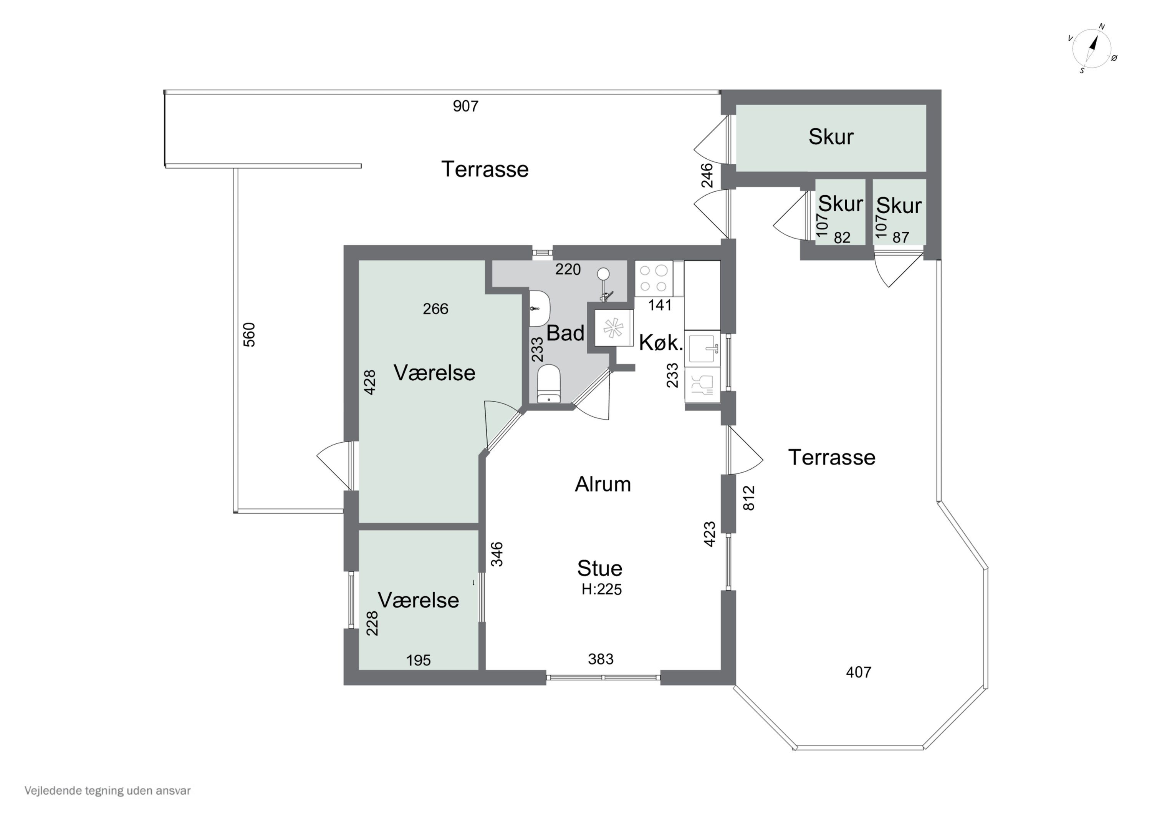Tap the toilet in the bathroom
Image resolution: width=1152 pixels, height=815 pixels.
[x=548, y=383]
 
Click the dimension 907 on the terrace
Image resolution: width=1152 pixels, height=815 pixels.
[x=466, y=106]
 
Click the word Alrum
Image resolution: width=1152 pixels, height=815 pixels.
[x=602, y=484]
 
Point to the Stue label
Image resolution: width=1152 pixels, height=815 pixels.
[x=599, y=568]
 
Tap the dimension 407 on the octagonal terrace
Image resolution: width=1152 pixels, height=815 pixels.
[x=859, y=672]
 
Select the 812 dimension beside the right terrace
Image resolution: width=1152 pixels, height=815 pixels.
[x=748, y=498]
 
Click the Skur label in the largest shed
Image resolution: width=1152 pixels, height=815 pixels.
[x=831, y=136]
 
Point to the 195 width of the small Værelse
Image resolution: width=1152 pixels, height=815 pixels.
[x=419, y=660]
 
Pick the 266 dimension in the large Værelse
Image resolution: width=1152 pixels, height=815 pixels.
[x=435, y=308]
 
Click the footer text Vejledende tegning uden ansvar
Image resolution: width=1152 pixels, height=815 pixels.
[x=108, y=790]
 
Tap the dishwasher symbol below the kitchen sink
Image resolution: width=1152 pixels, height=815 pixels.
[x=702, y=385]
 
